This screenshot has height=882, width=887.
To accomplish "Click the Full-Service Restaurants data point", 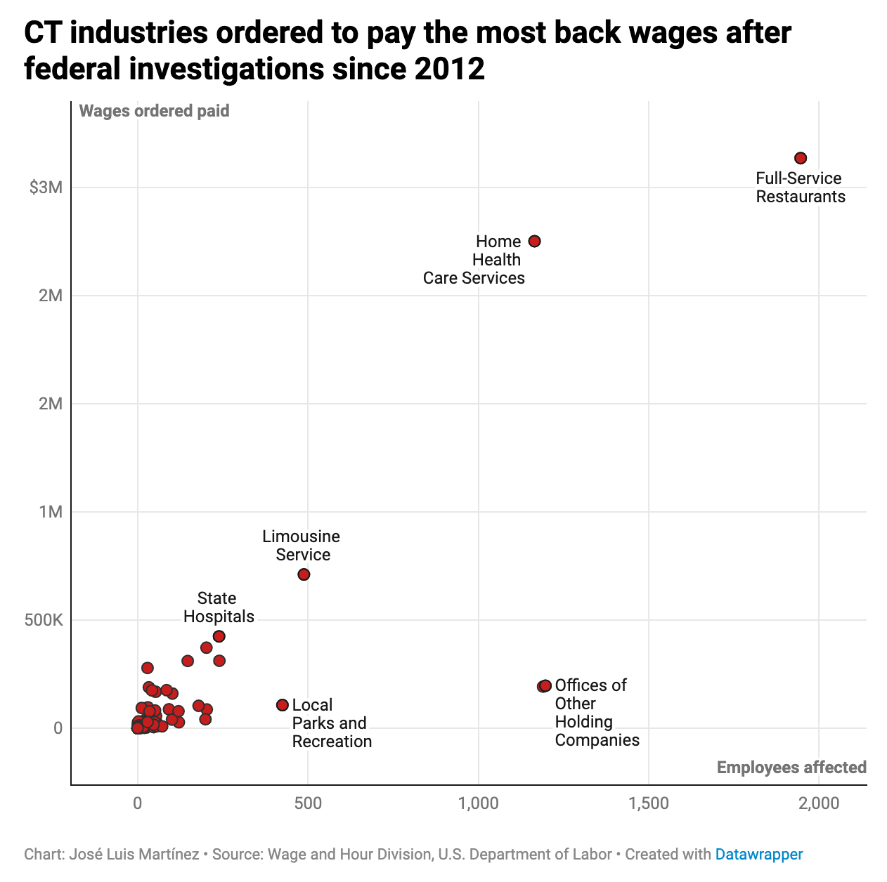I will coord(800,158).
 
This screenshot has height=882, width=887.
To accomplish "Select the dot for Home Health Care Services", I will coord(534,241).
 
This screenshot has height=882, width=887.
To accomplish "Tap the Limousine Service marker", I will coord(304,574).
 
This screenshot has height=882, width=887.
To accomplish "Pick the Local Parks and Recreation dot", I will coord(283,705).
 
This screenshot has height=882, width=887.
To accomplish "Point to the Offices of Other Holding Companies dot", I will coord(545,685).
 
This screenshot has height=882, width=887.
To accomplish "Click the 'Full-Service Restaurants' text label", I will coord(800,187).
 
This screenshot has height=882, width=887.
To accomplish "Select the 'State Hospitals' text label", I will coord(219,607).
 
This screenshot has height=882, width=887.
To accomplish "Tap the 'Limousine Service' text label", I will coord(302,546).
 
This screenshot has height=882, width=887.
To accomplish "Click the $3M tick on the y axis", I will coord(46,187).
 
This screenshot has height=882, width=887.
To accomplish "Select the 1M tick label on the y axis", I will coord(51,512).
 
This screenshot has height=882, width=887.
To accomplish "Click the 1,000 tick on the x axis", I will coord(478,803).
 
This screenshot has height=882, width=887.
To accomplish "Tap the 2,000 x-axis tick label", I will coord(819,803).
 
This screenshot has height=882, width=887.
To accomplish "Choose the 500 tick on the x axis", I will coord(308,803).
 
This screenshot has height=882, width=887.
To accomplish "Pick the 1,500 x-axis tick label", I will coord(648,803).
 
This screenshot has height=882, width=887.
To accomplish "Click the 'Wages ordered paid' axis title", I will coord(154,111).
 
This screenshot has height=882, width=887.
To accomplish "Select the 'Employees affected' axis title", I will coord(791,768).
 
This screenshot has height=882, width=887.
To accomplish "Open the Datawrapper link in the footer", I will coord(758,855).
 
